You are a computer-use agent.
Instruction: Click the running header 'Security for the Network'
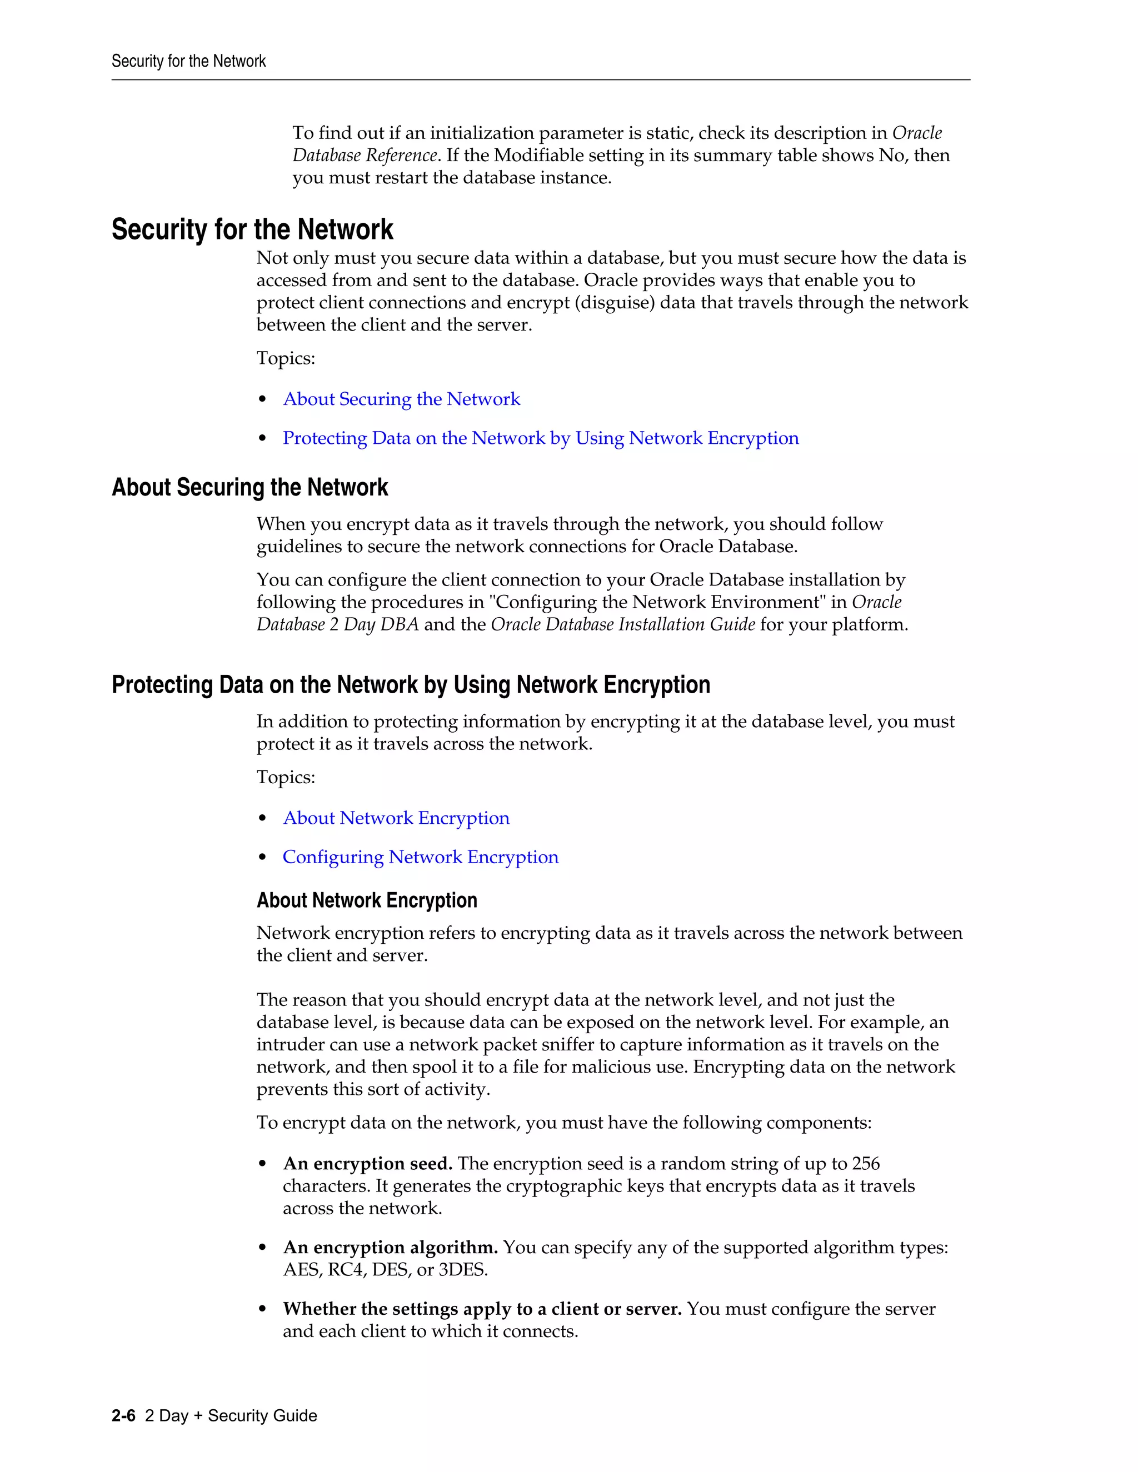pyautogui.click(x=188, y=61)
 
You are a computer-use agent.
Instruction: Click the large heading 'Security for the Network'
pyautogui.click(x=252, y=229)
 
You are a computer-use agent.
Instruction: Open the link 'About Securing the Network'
pyautogui.click(x=401, y=399)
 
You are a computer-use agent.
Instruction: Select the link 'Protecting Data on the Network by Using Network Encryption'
pyautogui.click(x=541, y=438)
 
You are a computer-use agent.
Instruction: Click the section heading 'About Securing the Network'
pyautogui.click(x=249, y=487)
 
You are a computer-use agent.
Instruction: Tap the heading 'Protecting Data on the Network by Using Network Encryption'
pyautogui.click(x=411, y=685)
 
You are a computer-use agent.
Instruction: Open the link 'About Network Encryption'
pyautogui.click(x=396, y=818)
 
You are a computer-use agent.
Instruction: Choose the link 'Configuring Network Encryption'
pyautogui.click(x=420, y=857)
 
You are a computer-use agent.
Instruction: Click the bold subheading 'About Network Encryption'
pyautogui.click(x=367, y=900)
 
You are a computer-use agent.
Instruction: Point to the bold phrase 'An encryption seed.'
pyautogui.click(x=367, y=1164)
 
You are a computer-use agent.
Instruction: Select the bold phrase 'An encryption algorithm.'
pyautogui.click(x=390, y=1248)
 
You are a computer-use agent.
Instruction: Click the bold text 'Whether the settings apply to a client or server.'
pyautogui.click(x=482, y=1309)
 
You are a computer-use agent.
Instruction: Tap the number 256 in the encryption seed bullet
pyautogui.click(x=866, y=1164)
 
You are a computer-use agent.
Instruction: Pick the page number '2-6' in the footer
pyautogui.click(x=123, y=1415)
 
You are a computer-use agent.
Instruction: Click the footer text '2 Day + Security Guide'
pyautogui.click(x=231, y=1415)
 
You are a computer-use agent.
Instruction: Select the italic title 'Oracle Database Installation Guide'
pyautogui.click(x=622, y=625)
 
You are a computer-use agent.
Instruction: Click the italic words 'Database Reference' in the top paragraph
pyautogui.click(x=365, y=156)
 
